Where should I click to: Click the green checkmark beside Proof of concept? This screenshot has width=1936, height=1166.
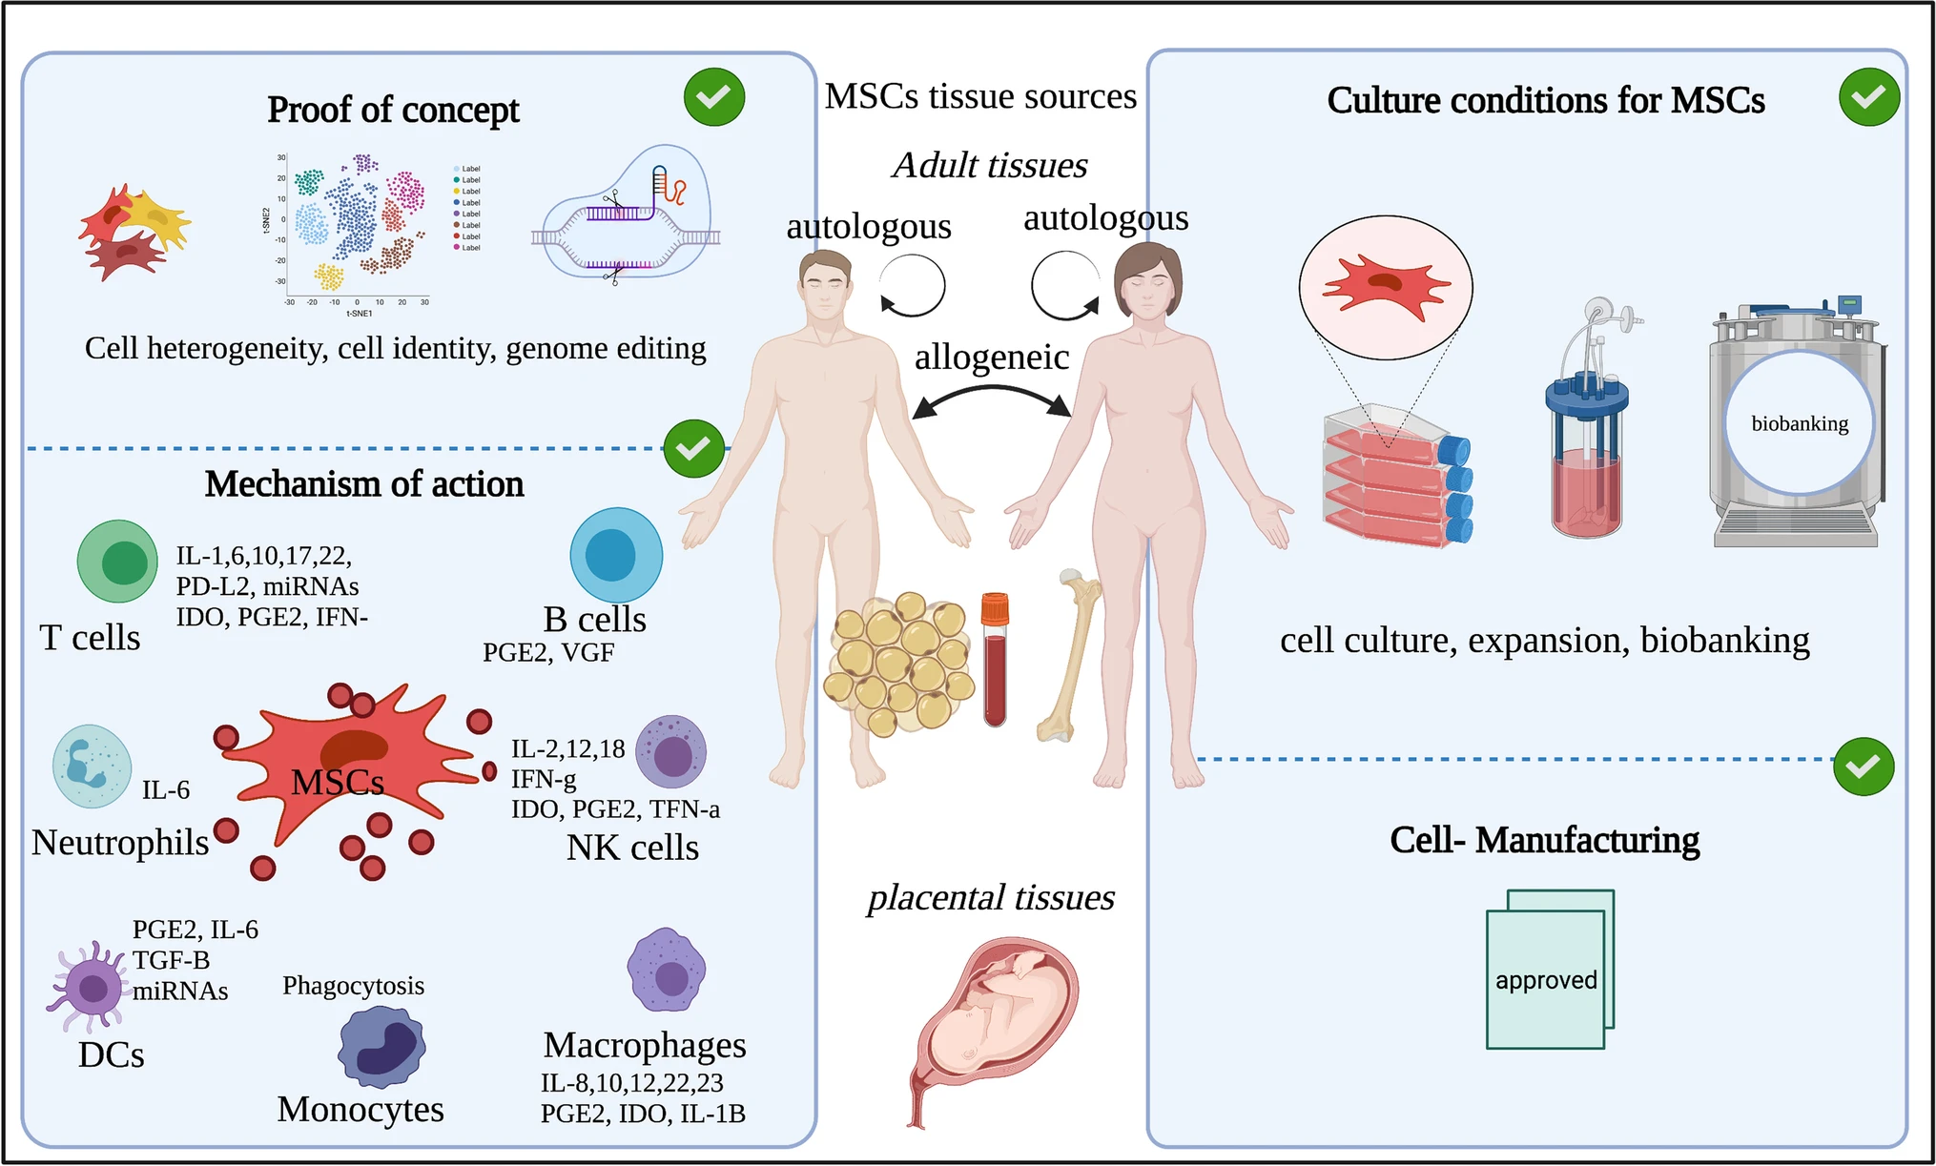[714, 97]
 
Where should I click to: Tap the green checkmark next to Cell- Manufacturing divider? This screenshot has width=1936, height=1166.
[1864, 767]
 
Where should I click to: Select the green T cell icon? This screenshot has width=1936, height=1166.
[117, 561]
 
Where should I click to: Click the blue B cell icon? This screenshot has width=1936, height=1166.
[616, 555]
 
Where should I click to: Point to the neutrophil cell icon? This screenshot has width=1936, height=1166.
[92, 766]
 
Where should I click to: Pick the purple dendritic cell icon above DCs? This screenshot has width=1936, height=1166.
[91, 987]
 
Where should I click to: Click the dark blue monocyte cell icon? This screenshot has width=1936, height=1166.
[382, 1047]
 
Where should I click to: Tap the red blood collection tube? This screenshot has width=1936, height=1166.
[995, 659]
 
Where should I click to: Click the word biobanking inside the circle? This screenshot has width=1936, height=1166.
[1800, 423]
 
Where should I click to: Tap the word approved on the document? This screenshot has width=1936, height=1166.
[1546, 980]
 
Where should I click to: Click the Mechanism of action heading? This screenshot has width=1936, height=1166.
[364, 484]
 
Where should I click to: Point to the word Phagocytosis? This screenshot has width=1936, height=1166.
[353, 986]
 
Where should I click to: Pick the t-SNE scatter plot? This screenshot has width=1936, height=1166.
[358, 229]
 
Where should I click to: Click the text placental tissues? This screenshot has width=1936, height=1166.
[991, 898]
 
